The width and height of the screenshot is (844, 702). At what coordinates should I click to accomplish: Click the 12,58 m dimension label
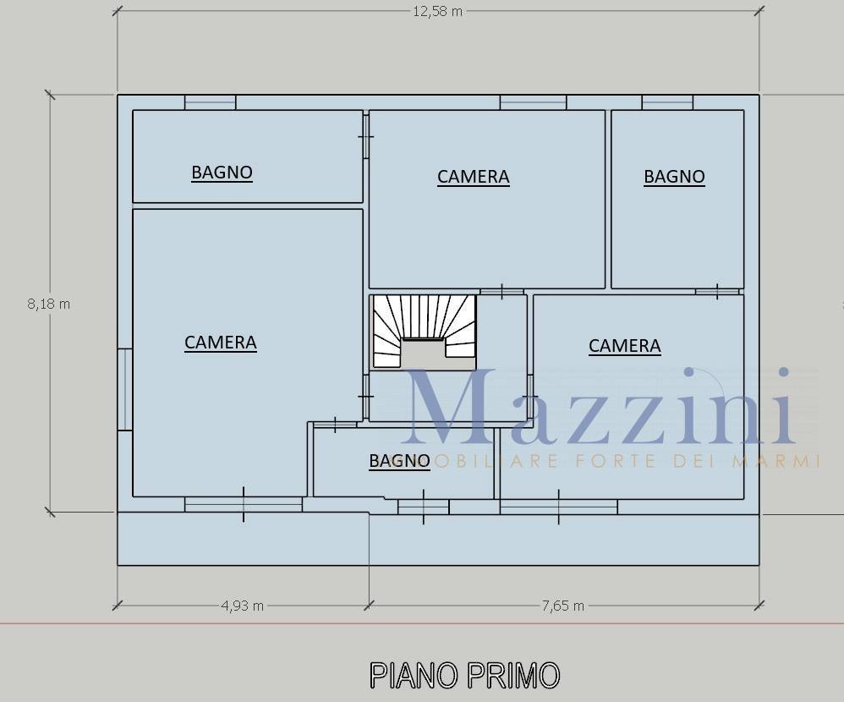(437, 11)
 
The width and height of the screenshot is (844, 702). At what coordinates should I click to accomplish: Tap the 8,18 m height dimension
(48, 304)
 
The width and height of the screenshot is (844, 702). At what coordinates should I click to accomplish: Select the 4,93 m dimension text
(242, 606)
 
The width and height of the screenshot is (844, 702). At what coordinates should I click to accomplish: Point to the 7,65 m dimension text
(562, 606)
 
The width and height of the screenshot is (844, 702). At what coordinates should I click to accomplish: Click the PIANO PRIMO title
(465, 675)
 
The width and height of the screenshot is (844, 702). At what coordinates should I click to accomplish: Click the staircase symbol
(425, 332)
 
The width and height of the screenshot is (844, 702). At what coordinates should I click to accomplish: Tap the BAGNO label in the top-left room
(222, 173)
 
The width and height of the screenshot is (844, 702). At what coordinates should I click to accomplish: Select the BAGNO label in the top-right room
(675, 177)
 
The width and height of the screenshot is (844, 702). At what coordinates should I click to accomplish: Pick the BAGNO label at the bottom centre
(399, 461)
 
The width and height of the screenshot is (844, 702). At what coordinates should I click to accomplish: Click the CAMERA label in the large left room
(220, 343)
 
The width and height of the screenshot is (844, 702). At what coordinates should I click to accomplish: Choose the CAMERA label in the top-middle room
(473, 177)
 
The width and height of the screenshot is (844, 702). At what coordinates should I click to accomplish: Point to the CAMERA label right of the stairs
(624, 346)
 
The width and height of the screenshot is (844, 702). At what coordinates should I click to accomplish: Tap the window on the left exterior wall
(125, 390)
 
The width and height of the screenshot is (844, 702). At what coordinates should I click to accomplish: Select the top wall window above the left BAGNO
(211, 102)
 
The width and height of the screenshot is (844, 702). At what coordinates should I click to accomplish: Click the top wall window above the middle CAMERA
(533, 102)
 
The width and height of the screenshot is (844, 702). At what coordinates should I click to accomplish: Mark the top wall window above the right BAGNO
(667, 102)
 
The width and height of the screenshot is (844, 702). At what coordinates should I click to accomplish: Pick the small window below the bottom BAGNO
(423, 507)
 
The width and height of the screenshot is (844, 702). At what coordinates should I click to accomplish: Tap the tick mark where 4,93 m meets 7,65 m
(369, 606)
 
